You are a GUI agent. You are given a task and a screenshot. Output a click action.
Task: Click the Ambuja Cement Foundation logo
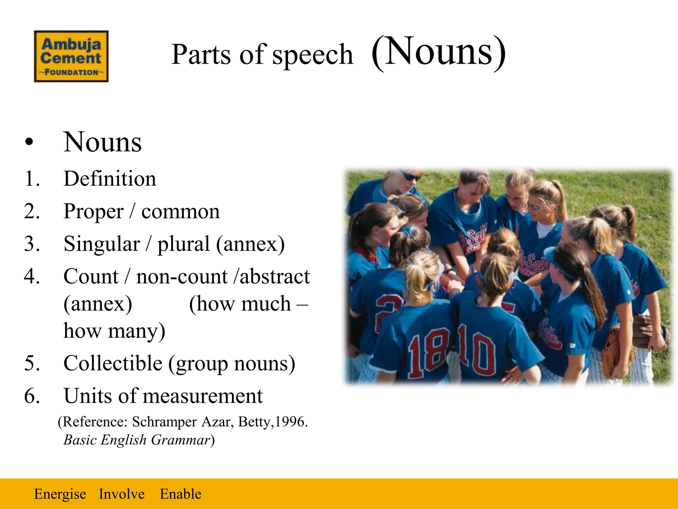coord(71,56)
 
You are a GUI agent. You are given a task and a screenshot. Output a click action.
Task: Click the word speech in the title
coord(313,55)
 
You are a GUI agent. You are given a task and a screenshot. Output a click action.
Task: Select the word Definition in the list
coord(110,179)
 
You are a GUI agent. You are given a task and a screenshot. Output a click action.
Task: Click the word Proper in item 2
coord(93,211)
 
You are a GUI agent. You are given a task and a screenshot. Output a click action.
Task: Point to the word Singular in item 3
coord(102,244)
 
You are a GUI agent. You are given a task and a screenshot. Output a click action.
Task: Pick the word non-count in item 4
coord(182,276)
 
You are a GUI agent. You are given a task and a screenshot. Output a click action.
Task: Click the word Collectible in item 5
coord(113,363)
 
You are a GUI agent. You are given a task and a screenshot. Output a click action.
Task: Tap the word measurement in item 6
coord(203,396)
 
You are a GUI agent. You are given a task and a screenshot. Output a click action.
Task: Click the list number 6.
coord(32,396)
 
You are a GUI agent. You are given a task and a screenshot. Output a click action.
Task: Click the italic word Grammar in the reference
coord(181,440)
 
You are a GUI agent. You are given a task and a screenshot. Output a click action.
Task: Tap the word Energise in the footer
coord(60,494)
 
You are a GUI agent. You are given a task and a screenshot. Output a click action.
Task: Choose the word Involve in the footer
coord(121,494)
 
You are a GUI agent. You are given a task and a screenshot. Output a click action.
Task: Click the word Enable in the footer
coord(180,494)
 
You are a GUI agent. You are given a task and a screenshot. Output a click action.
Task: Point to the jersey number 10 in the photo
coord(477,353)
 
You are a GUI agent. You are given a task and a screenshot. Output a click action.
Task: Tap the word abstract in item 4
coord(275,276)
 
